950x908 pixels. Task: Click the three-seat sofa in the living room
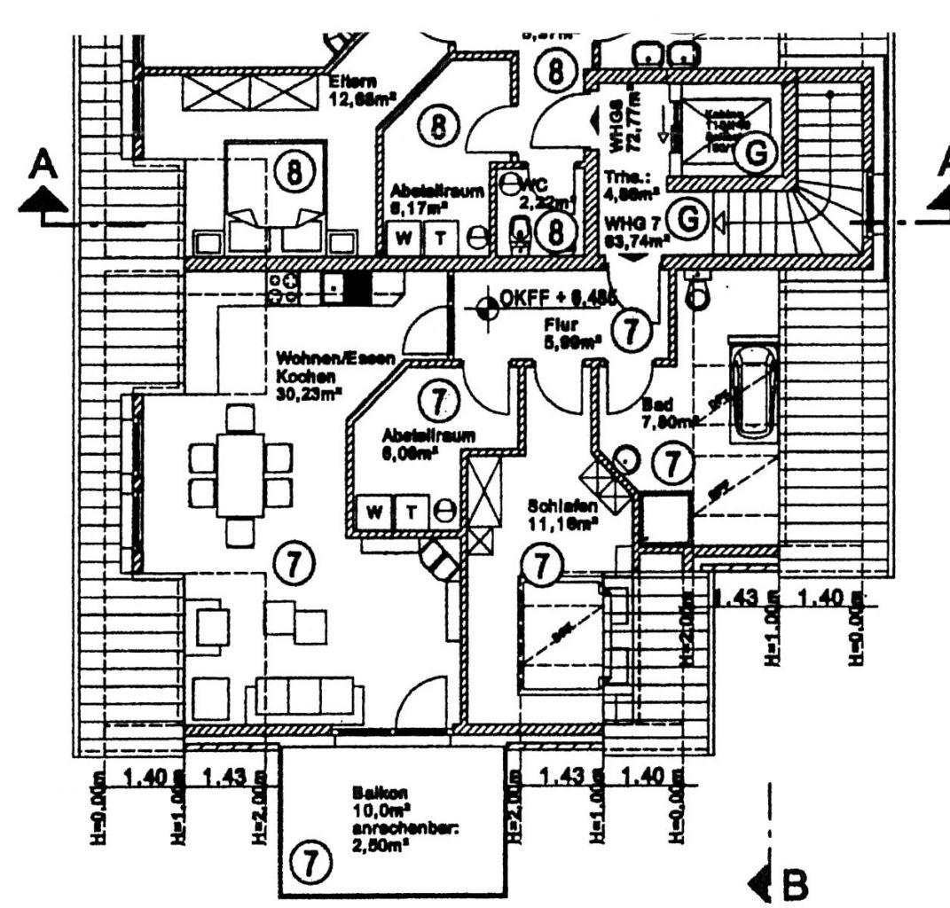point(300,694)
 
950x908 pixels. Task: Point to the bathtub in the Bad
point(753,391)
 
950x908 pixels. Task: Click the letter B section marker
point(795,883)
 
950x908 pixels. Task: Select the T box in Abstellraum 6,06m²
point(411,511)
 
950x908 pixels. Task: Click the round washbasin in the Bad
point(627,459)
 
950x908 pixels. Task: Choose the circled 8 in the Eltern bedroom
point(293,172)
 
